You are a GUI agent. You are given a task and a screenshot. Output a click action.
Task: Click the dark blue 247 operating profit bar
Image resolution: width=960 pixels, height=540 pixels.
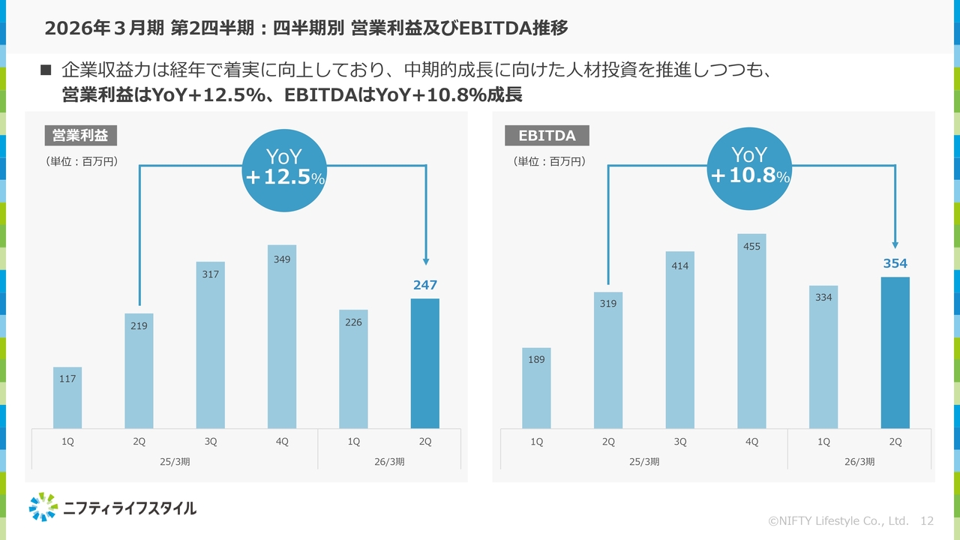tap(425, 364)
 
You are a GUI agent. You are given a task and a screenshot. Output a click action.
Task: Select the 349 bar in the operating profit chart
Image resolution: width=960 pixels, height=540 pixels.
tap(282, 337)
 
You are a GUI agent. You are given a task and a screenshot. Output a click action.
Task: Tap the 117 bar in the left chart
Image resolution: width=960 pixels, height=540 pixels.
tap(67, 398)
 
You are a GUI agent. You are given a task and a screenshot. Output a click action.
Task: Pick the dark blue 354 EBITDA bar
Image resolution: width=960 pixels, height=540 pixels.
tap(895, 352)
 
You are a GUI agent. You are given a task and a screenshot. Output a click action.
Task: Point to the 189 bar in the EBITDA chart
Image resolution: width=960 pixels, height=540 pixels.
tap(536, 388)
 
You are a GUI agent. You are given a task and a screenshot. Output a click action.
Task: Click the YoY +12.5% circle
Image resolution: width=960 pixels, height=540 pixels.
tap(284, 167)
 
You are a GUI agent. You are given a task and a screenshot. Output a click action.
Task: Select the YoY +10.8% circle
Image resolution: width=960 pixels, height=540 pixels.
tap(749, 166)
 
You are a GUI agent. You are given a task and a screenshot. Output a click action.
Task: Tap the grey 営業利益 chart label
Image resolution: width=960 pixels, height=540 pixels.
tap(80, 136)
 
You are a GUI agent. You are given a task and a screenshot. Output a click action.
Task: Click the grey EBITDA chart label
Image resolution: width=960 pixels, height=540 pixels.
tap(547, 136)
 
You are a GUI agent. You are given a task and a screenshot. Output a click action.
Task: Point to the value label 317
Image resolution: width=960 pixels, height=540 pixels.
tap(210, 274)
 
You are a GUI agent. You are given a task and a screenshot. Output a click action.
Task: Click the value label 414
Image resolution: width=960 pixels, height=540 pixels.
tap(680, 265)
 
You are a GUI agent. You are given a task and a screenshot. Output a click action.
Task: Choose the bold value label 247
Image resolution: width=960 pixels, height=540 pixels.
tap(425, 285)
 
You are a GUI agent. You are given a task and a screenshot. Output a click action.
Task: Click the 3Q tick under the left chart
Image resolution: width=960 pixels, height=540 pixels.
tap(211, 442)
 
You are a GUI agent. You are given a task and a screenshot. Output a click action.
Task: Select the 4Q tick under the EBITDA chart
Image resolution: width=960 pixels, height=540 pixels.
tap(751, 442)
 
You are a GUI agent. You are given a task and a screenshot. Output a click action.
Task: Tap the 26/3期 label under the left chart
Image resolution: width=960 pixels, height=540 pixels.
tap(389, 461)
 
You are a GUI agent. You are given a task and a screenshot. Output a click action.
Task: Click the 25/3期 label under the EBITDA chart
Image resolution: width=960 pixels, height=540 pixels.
tap(644, 461)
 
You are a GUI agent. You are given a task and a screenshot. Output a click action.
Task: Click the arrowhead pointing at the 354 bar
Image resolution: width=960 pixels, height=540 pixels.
tap(895, 244)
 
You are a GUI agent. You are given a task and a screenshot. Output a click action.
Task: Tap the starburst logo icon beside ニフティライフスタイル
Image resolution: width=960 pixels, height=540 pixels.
tap(43, 507)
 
